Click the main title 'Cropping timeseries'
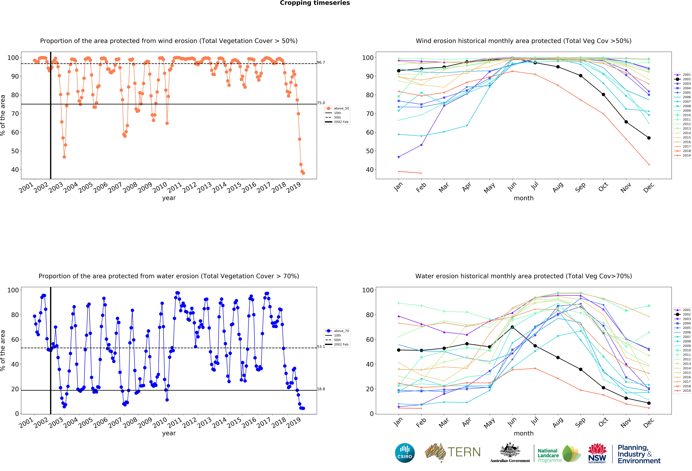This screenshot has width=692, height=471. click(315, 3)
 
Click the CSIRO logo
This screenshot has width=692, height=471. click(405, 453)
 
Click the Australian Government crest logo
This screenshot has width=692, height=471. click(510, 453)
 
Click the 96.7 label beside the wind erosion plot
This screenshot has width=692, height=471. click(321, 62)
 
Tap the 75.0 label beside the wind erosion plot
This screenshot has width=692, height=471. click(321, 103)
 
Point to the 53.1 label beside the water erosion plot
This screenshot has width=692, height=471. click(321, 347)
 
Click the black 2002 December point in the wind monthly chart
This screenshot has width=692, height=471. click(649, 138)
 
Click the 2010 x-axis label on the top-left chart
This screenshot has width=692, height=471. click(160, 188)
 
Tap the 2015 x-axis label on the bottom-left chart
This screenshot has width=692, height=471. click(234, 423)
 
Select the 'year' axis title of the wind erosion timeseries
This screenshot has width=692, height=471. click(169, 198)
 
